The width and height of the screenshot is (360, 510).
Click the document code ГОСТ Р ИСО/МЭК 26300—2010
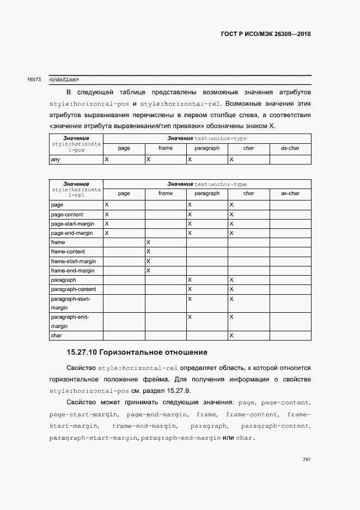pyautogui.click(x=266, y=34)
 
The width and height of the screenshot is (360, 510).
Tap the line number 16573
pyautogui.click(x=34, y=80)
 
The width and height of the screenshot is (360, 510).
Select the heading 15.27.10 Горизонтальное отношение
pyautogui.click(x=137, y=353)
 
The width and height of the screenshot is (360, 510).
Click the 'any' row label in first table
pyautogui.click(x=55, y=160)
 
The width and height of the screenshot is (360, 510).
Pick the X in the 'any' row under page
pyautogui.click(x=107, y=160)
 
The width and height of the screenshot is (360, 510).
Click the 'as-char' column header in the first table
pyautogui.click(x=290, y=148)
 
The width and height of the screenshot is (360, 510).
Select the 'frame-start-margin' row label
pyautogui.click(x=73, y=261)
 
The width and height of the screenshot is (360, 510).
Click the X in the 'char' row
pyautogui.click(x=231, y=336)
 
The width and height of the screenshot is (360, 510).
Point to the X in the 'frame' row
pyautogui.click(x=148, y=242)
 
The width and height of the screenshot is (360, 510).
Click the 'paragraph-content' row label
pyautogui.click(x=73, y=289)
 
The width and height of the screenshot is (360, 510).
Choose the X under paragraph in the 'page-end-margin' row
pyautogui.click(x=190, y=233)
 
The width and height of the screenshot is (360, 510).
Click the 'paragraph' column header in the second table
pyautogui.click(x=207, y=193)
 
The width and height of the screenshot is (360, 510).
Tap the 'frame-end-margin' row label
pyautogui.click(x=72, y=271)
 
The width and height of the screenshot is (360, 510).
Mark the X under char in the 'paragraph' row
pyautogui.click(x=231, y=280)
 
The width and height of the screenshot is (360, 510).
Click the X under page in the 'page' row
pyautogui.click(x=107, y=205)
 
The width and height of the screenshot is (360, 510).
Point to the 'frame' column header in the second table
pyautogui.click(x=166, y=193)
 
